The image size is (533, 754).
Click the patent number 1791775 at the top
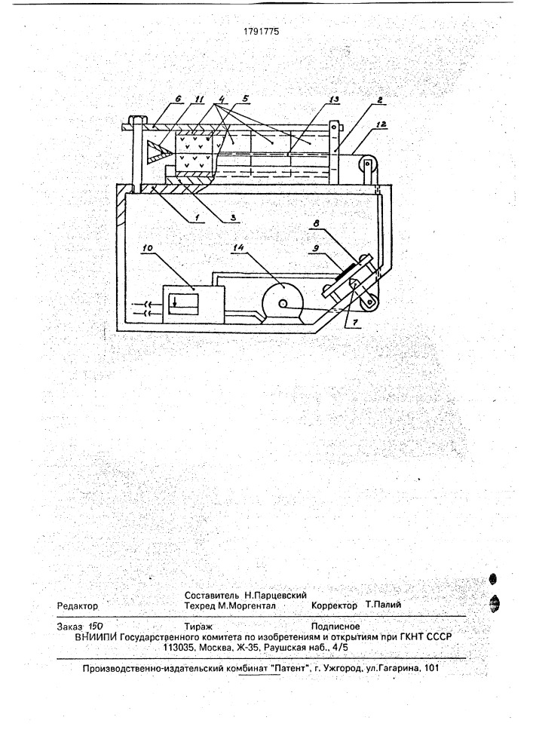click(x=262, y=32)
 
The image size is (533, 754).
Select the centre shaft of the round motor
click(x=283, y=303)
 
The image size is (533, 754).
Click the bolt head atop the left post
click(x=135, y=118)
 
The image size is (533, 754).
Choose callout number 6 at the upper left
click(x=179, y=99)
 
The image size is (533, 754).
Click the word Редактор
click(x=78, y=606)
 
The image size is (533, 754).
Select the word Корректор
click(x=334, y=605)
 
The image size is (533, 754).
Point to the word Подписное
click(x=335, y=626)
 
